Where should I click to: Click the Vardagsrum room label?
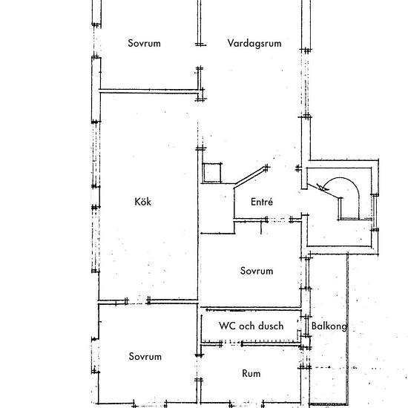pyautogui.click(x=254, y=44)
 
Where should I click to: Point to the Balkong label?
pyautogui.click(x=326, y=326)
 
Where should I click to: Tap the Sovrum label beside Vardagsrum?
pyautogui.click(x=144, y=44)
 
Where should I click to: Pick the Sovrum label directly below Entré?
pyautogui.click(x=257, y=271)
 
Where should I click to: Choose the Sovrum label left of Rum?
pyautogui.click(x=145, y=357)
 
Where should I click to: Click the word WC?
pyautogui.click(x=226, y=326)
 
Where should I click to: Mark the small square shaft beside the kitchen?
pyautogui.click(x=213, y=172)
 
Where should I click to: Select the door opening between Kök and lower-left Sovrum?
pyautogui.click(x=138, y=301)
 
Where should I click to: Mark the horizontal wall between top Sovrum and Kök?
pyautogui.click(x=148, y=91)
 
